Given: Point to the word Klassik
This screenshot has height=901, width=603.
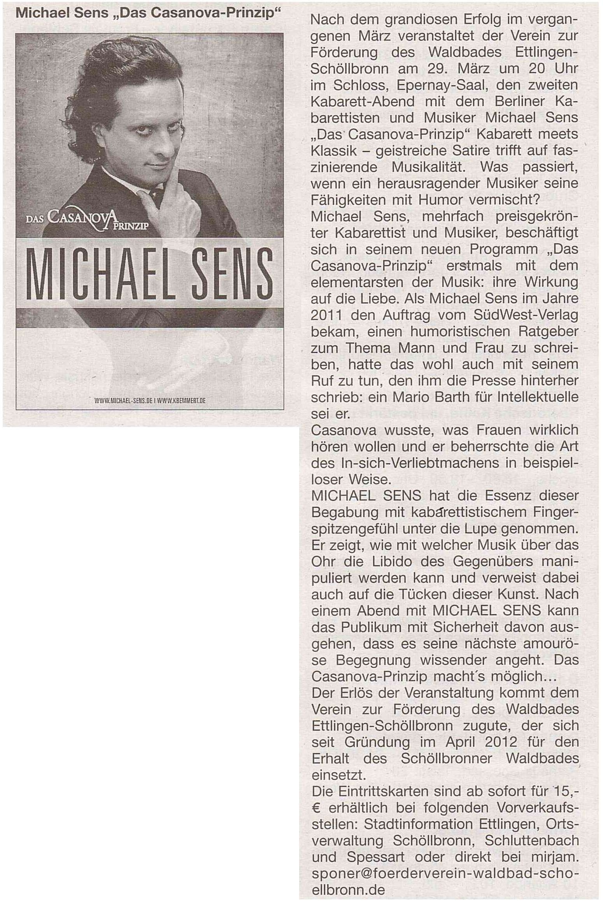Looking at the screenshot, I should click(334, 151).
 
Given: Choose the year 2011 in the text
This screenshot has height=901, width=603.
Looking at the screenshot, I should click(326, 315).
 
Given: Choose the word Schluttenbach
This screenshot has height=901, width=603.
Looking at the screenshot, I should click(532, 840).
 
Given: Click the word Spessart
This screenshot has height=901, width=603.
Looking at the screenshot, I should click(376, 857).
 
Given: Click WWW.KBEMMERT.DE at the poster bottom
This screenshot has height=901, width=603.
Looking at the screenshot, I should click(181, 400).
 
